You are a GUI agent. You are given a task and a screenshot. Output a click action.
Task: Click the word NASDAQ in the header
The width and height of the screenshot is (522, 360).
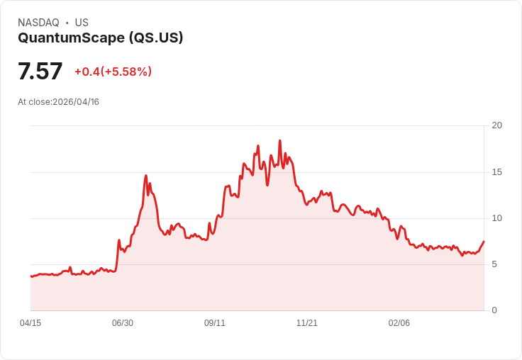click(x=38, y=23)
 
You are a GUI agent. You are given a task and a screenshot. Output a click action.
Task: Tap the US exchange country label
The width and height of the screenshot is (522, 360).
click(x=82, y=23)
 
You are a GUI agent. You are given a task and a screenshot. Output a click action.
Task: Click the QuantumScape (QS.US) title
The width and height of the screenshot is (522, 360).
click(x=100, y=38)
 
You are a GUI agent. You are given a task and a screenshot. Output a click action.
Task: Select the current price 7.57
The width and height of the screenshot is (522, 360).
click(x=40, y=71)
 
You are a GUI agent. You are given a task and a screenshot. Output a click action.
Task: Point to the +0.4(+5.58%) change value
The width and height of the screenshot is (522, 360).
click(x=113, y=72)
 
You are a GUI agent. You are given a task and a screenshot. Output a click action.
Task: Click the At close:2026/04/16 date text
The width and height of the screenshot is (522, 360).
click(x=58, y=102)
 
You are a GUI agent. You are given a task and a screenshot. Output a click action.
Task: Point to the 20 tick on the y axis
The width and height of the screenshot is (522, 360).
click(x=496, y=125)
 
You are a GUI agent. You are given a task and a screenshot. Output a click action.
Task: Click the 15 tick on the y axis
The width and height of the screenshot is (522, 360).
click(x=496, y=172)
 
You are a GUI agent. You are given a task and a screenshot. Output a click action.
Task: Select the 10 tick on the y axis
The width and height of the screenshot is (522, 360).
click(x=496, y=218)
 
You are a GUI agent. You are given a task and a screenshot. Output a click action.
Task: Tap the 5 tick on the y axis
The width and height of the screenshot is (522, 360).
click(x=494, y=264)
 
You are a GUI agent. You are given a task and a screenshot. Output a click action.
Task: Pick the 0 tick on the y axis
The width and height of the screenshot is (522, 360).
click(x=494, y=310)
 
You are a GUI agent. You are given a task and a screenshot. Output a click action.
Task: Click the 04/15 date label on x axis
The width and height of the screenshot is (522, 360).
click(x=30, y=323)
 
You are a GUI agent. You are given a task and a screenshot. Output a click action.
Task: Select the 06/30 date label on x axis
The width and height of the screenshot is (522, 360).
click(x=123, y=323)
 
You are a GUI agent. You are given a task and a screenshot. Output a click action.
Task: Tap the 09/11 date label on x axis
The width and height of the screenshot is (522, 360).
click(x=215, y=323)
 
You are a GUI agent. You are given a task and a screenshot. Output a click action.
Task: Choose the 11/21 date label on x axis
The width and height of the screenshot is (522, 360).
click(x=306, y=323)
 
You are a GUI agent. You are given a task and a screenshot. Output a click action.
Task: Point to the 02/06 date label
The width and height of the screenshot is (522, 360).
click(x=399, y=323)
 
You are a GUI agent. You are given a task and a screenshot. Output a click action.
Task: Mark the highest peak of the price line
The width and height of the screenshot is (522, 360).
click(x=279, y=140)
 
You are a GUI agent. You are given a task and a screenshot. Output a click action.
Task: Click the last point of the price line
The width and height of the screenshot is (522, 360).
click(x=484, y=241)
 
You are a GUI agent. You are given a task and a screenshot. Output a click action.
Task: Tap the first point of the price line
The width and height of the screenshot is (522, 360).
click(x=31, y=276)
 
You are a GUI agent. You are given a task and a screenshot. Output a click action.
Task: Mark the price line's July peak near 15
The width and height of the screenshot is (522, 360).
click(x=146, y=175)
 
